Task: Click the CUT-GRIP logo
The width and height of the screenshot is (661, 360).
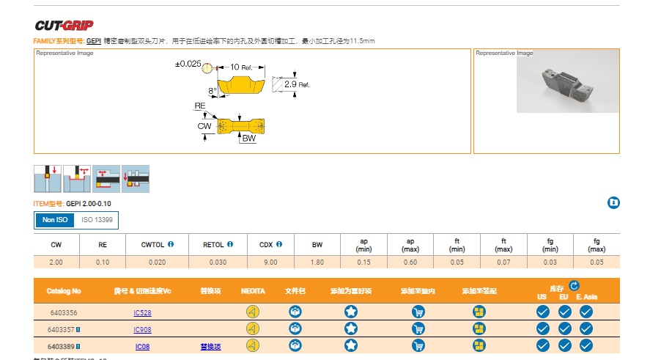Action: click(x=64, y=25)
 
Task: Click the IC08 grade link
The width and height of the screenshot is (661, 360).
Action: click(x=142, y=346)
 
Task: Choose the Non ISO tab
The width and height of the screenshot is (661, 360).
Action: click(x=54, y=220)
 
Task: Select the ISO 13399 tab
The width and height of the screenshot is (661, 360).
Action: click(x=97, y=220)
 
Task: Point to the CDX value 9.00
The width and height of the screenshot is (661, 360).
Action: click(x=270, y=262)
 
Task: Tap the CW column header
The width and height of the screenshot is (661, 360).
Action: click(x=56, y=244)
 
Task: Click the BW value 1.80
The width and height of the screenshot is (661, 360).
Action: click(x=317, y=262)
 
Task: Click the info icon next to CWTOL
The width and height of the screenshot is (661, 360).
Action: click(x=171, y=244)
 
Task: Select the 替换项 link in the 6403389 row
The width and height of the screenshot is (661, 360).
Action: click(x=210, y=346)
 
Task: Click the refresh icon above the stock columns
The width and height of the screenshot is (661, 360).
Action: click(x=574, y=285)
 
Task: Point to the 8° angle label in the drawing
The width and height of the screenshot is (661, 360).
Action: click(x=213, y=91)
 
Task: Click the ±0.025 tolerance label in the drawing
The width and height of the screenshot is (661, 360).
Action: click(x=188, y=65)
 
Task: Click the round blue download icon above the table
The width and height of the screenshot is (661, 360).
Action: click(x=613, y=202)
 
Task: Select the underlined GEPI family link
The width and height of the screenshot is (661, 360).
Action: click(x=94, y=41)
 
